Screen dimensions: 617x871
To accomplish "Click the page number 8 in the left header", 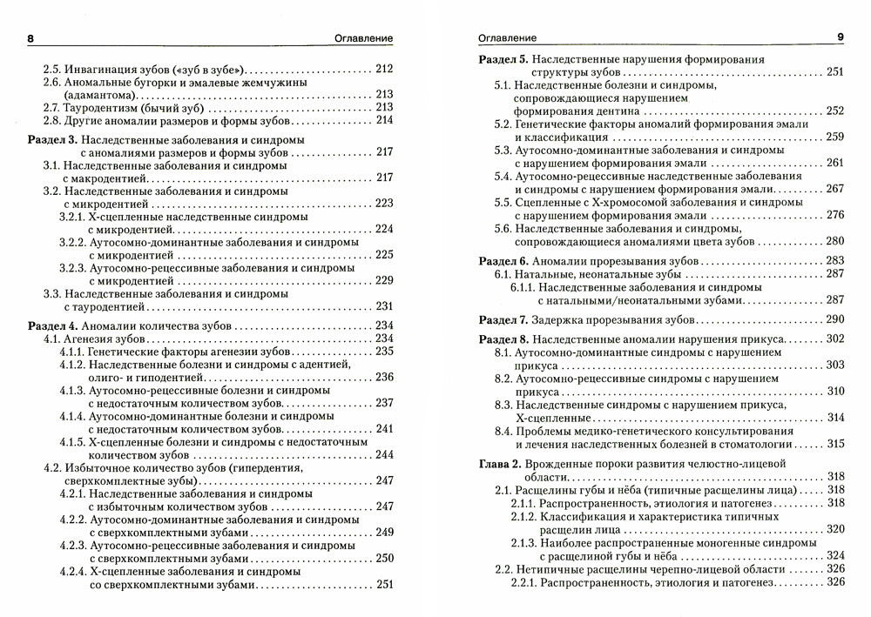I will point(31,37).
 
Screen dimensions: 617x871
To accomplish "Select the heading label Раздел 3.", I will point(53,139).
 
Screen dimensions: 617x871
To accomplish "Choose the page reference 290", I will point(834,319).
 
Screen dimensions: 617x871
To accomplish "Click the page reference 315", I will point(834,444).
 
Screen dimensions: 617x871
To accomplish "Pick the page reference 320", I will point(834,528).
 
